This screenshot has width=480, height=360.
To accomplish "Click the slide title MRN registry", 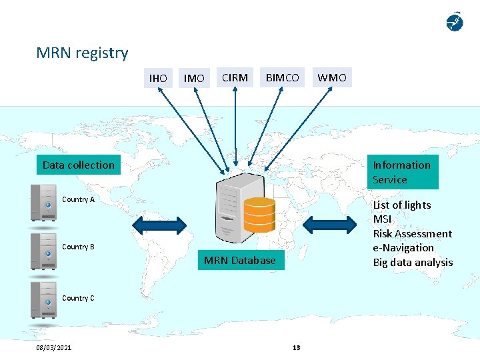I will pyautogui.click(x=82, y=53).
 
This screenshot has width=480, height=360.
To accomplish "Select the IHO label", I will pyautogui.click(x=158, y=78).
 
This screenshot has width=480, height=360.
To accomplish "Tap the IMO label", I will pyautogui.click(x=194, y=78).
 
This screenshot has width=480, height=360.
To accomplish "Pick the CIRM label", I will pyautogui.click(x=235, y=77).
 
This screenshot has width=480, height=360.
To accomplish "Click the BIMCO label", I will pyautogui.click(x=283, y=77).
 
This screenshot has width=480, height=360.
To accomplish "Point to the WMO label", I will pyautogui.click(x=332, y=77).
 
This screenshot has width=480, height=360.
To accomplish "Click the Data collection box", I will pyautogui.click(x=79, y=165).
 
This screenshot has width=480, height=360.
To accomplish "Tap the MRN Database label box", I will pyautogui.click(x=239, y=260).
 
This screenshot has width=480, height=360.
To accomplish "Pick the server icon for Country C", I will pyautogui.click(x=44, y=301).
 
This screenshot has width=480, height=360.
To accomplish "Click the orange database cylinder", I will pyautogui.click(x=259, y=213).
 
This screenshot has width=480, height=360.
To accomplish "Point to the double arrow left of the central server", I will pyautogui.click(x=159, y=225).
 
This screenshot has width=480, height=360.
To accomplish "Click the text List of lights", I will pyautogui.click(x=402, y=205).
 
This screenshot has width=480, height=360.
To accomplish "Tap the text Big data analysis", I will pyautogui.click(x=413, y=262).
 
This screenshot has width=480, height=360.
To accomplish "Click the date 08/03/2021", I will pyautogui.click(x=54, y=347).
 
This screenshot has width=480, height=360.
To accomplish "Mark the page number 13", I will pyautogui.click(x=297, y=347).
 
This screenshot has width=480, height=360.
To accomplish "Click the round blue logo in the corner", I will pyautogui.click(x=454, y=22).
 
